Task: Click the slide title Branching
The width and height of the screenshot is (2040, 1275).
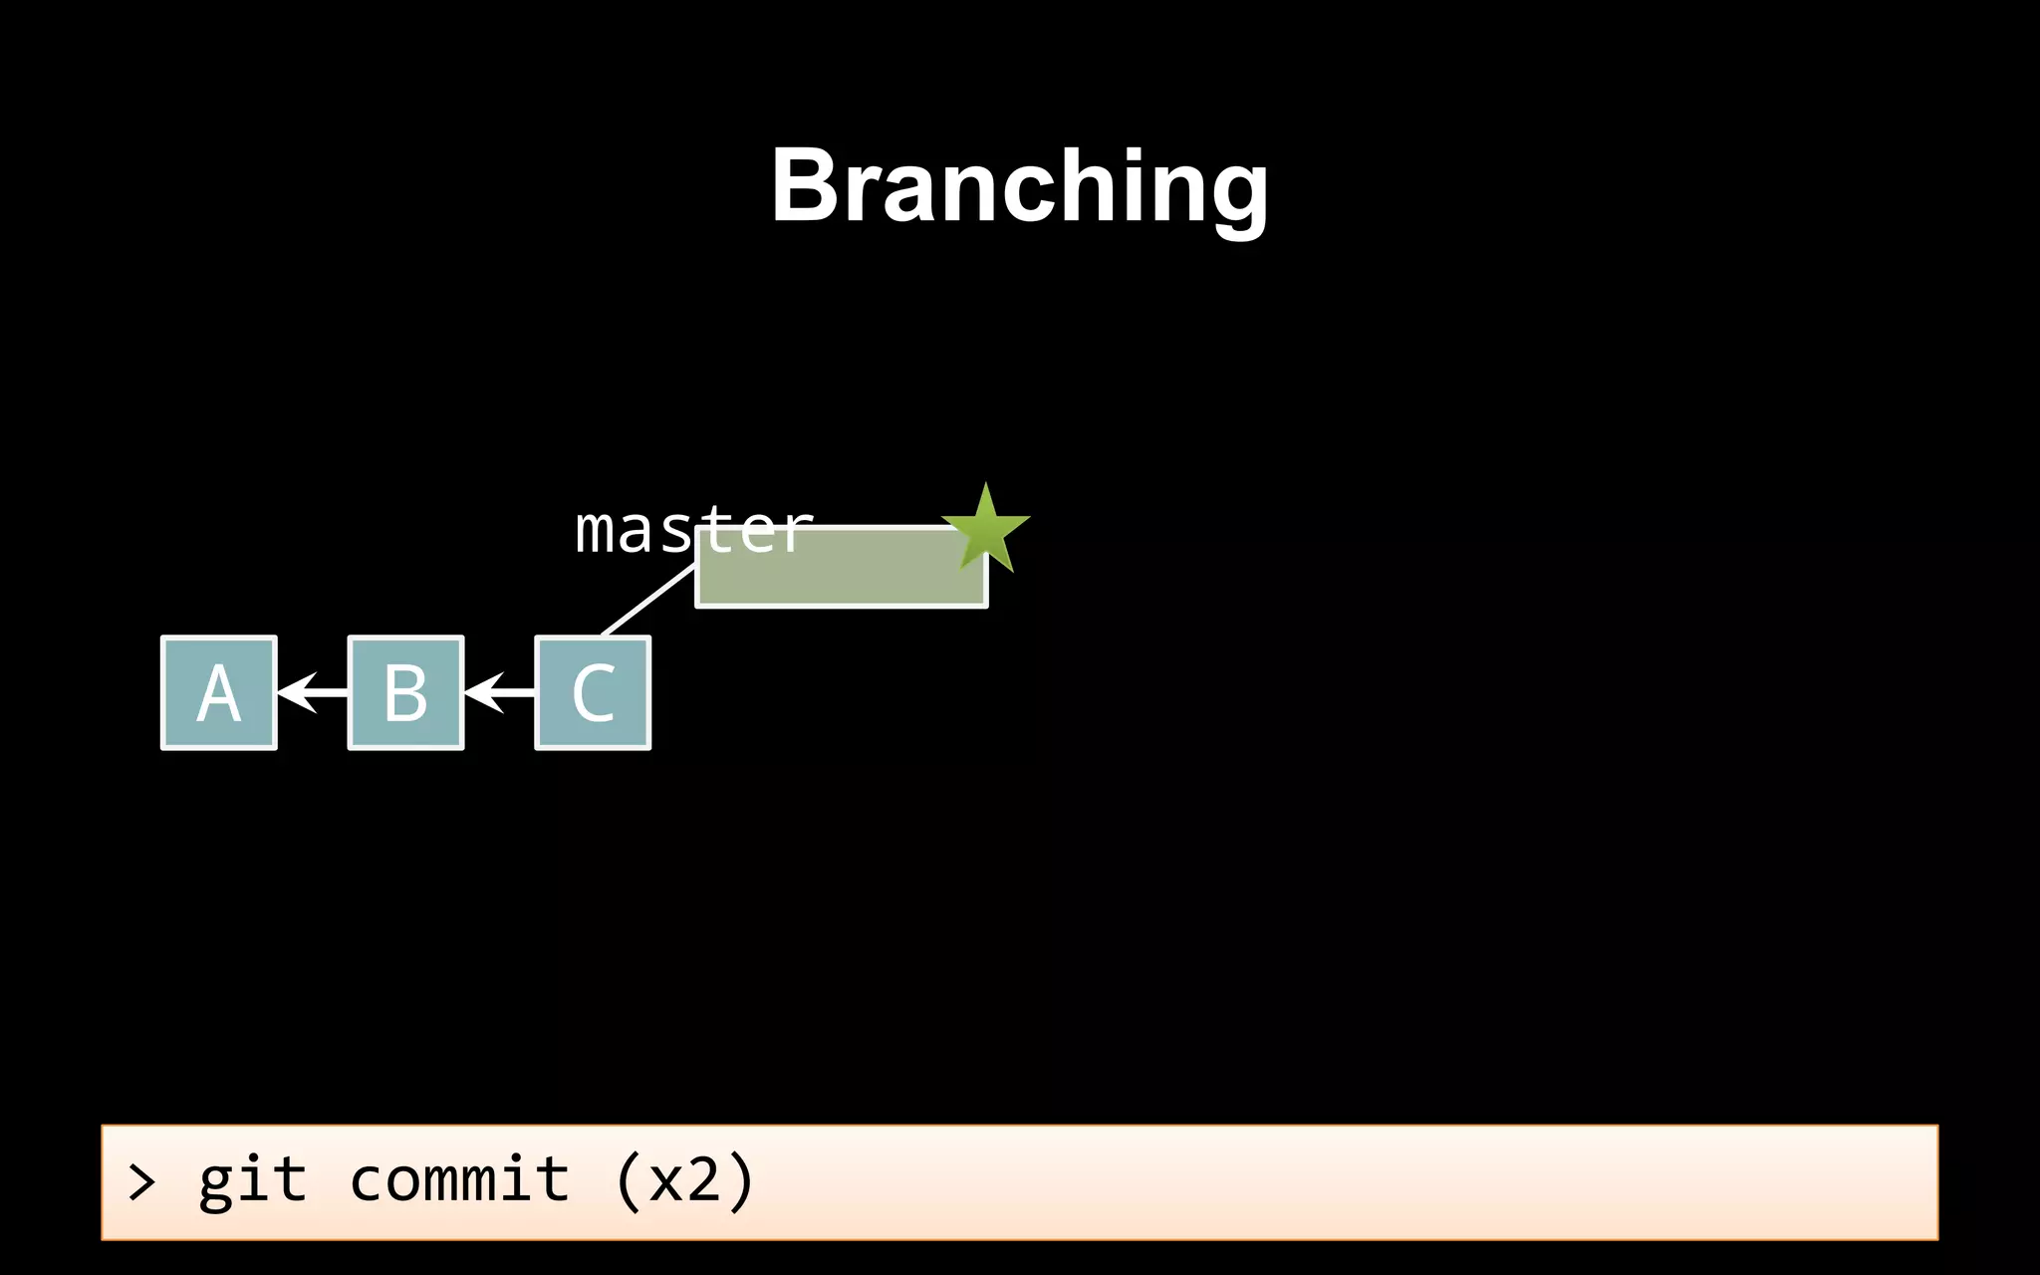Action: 1019,187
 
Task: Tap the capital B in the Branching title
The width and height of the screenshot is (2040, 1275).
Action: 810,185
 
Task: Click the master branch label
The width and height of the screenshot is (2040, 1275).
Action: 694,529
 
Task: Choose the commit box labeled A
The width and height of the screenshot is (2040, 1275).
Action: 219,693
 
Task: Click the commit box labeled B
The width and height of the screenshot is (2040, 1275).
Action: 405,693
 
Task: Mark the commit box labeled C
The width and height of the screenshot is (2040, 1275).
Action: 593,693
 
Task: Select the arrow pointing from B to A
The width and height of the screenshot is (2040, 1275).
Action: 311,692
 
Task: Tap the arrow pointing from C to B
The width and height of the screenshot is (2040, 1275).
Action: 498,692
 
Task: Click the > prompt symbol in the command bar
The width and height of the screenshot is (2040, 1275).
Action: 141,1182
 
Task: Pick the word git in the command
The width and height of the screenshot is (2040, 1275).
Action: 252,1182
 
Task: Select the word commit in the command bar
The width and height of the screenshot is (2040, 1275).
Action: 459,1180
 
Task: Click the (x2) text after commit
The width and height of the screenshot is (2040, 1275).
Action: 685,1181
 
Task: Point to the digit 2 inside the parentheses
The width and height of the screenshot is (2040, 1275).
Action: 703,1181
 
